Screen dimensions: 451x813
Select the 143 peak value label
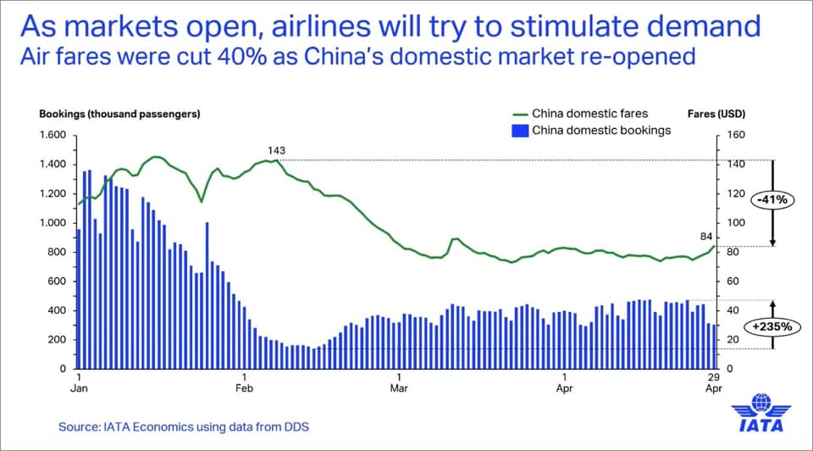276,151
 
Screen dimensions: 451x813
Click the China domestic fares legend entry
589,114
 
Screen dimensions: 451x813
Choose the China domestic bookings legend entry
600,130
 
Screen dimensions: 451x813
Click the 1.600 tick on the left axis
53,136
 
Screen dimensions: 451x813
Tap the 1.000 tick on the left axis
53,223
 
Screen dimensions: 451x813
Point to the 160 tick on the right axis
735,136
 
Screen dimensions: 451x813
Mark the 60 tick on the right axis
733,281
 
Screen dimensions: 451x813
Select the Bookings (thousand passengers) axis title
119,114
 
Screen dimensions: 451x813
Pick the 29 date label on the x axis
714,376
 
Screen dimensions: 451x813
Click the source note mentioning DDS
183,426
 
